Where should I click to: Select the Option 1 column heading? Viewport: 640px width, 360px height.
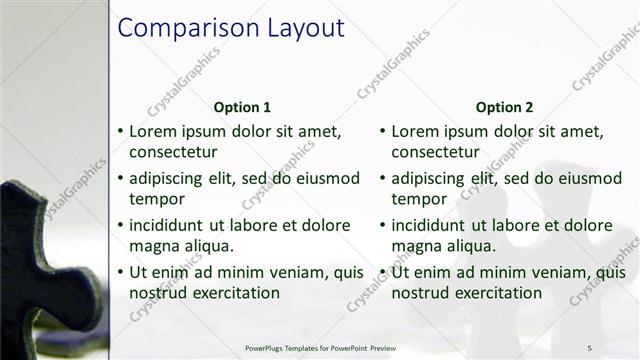tap(242, 107)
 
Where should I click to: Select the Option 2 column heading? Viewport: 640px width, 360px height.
tap(504, 107)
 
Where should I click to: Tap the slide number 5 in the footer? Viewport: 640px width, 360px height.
tap(590, 347)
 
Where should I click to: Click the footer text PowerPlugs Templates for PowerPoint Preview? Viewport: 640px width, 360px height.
tap(327, 347)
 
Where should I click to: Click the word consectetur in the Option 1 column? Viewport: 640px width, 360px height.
tap(174, 153)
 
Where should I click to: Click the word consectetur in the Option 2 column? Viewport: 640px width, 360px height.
tap(436, 153)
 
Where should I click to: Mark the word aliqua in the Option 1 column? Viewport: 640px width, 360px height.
tap(209, 246)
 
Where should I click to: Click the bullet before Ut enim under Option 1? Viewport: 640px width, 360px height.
tap(121, 272)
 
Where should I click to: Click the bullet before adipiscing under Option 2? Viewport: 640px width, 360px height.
tap(383, 179)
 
